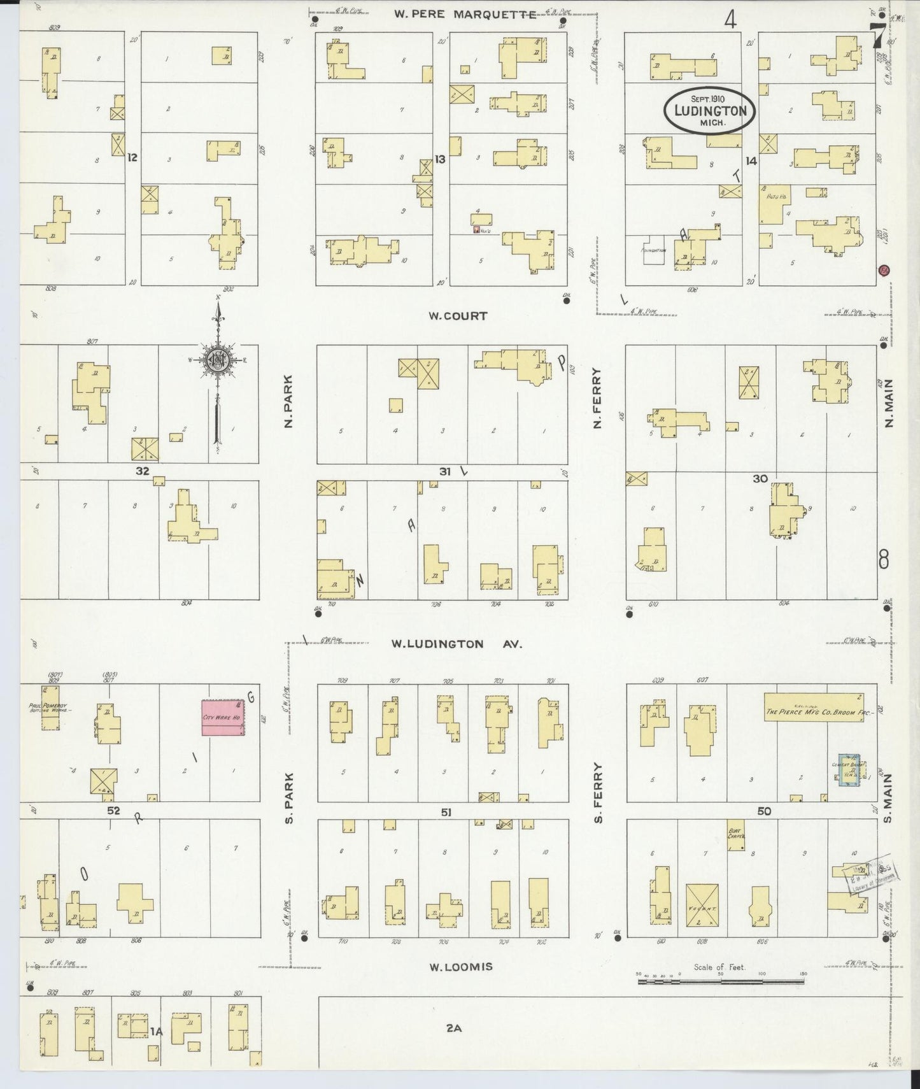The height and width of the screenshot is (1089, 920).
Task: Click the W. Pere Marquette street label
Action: (x=465, y=14)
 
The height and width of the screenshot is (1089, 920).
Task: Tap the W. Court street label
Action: (x=458, y=316)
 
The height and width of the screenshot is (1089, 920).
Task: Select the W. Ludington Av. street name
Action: (x=456, y=644)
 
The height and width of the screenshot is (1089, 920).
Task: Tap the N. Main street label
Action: (x=889, y=402)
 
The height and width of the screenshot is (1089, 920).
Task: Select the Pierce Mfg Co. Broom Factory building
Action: (x=813, y=711)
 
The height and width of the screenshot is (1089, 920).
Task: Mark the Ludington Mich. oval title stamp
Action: (x=709, y=111)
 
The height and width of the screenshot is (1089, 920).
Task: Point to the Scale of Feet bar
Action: (x=719, y=981)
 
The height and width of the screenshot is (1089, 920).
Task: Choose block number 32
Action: (x=142, y=471)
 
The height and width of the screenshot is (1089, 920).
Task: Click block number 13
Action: (x=440, y=159)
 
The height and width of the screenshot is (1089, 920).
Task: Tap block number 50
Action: (x=764, y=811)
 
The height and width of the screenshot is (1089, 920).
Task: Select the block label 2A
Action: (x=453, y=1027)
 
